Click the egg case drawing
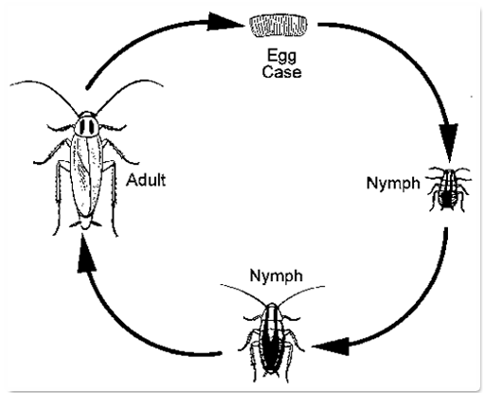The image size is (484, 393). pyautogui.click(x=278, y=26)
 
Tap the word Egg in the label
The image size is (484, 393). pyautogui.click(x=281, y=56)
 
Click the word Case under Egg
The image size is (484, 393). pyautogui.click(x=281, y=72)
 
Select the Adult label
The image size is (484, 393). pyautogui.click(x=146, y=180)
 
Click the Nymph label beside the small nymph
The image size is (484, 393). pyautogui.click(x=393, y=183)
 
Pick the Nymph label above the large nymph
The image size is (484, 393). pyautogui.click(x=277, y=276)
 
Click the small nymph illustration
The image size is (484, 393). pyautogui.click(x=449, y=189)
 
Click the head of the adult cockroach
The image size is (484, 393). pyautogui.click(x=86, y=125)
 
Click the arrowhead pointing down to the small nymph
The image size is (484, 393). pyautogui.click(x=449, y=141)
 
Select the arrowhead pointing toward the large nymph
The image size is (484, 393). pyautogui.click(x=331, y=347)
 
